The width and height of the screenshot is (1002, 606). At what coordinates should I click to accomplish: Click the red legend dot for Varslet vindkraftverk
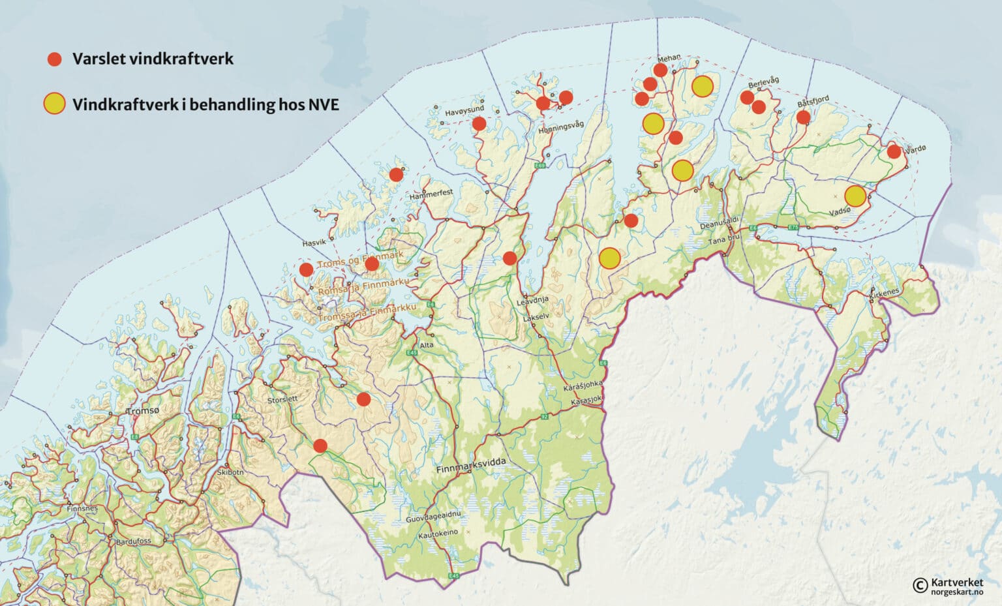[x=54, y=59]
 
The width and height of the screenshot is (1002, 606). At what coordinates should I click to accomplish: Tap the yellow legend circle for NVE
[x=54, y=104]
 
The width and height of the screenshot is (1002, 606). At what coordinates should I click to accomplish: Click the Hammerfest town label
[x=431, y=194]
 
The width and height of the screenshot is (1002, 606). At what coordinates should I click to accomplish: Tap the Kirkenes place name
[x=884, y=292]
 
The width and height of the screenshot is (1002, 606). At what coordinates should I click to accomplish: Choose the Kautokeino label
[x=438, y=533]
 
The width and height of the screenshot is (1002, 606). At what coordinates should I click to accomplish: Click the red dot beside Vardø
[x=894, y=152]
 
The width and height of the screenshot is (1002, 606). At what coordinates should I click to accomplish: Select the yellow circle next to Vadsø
[x=855, y=196]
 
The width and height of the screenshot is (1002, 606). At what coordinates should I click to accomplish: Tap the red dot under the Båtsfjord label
[x=803, y=117]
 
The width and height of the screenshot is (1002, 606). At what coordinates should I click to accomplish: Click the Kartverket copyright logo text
[x=956, y=582]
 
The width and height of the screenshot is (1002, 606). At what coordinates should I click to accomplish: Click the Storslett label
[x=282, y=399]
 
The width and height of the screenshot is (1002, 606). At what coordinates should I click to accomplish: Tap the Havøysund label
[x=464, y=113]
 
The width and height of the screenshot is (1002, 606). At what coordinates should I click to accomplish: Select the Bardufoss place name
[x=132, y=541]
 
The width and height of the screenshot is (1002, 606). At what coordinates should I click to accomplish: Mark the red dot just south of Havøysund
[x=479, y=124]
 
